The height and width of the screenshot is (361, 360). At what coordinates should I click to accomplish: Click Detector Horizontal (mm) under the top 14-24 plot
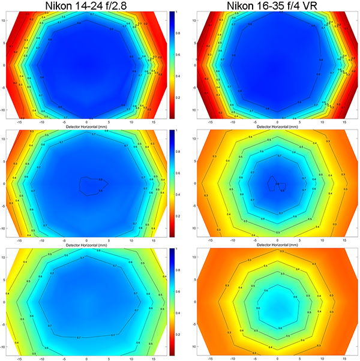pyautogui.click(x=87, y=127)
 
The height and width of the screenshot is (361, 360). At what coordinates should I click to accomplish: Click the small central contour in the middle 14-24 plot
pyautogui.click(x=92, y=184)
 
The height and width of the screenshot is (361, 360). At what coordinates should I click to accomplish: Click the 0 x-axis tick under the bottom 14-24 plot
pyautogui.click(x=87, y=357)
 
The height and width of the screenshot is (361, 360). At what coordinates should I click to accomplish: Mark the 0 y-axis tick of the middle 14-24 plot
pyautogui.click(x=3, y=183)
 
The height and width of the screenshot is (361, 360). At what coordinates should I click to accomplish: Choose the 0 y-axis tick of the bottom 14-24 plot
pyautogui.click(x=3, y=302)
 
